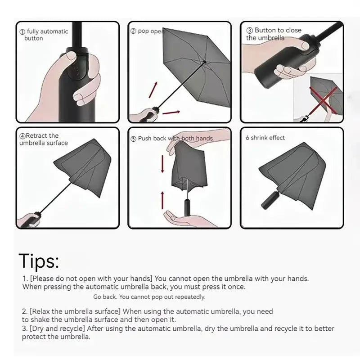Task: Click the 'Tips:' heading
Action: [39, 261]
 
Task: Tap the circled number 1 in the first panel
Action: [22, 31]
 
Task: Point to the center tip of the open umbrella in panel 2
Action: [205, 62]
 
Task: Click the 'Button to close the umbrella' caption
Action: [274, 34]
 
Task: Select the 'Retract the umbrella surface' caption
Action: [44, 139]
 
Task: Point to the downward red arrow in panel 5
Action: [162, 166]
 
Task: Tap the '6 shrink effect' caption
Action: [265, 138]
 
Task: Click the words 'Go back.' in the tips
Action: [105, 297]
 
